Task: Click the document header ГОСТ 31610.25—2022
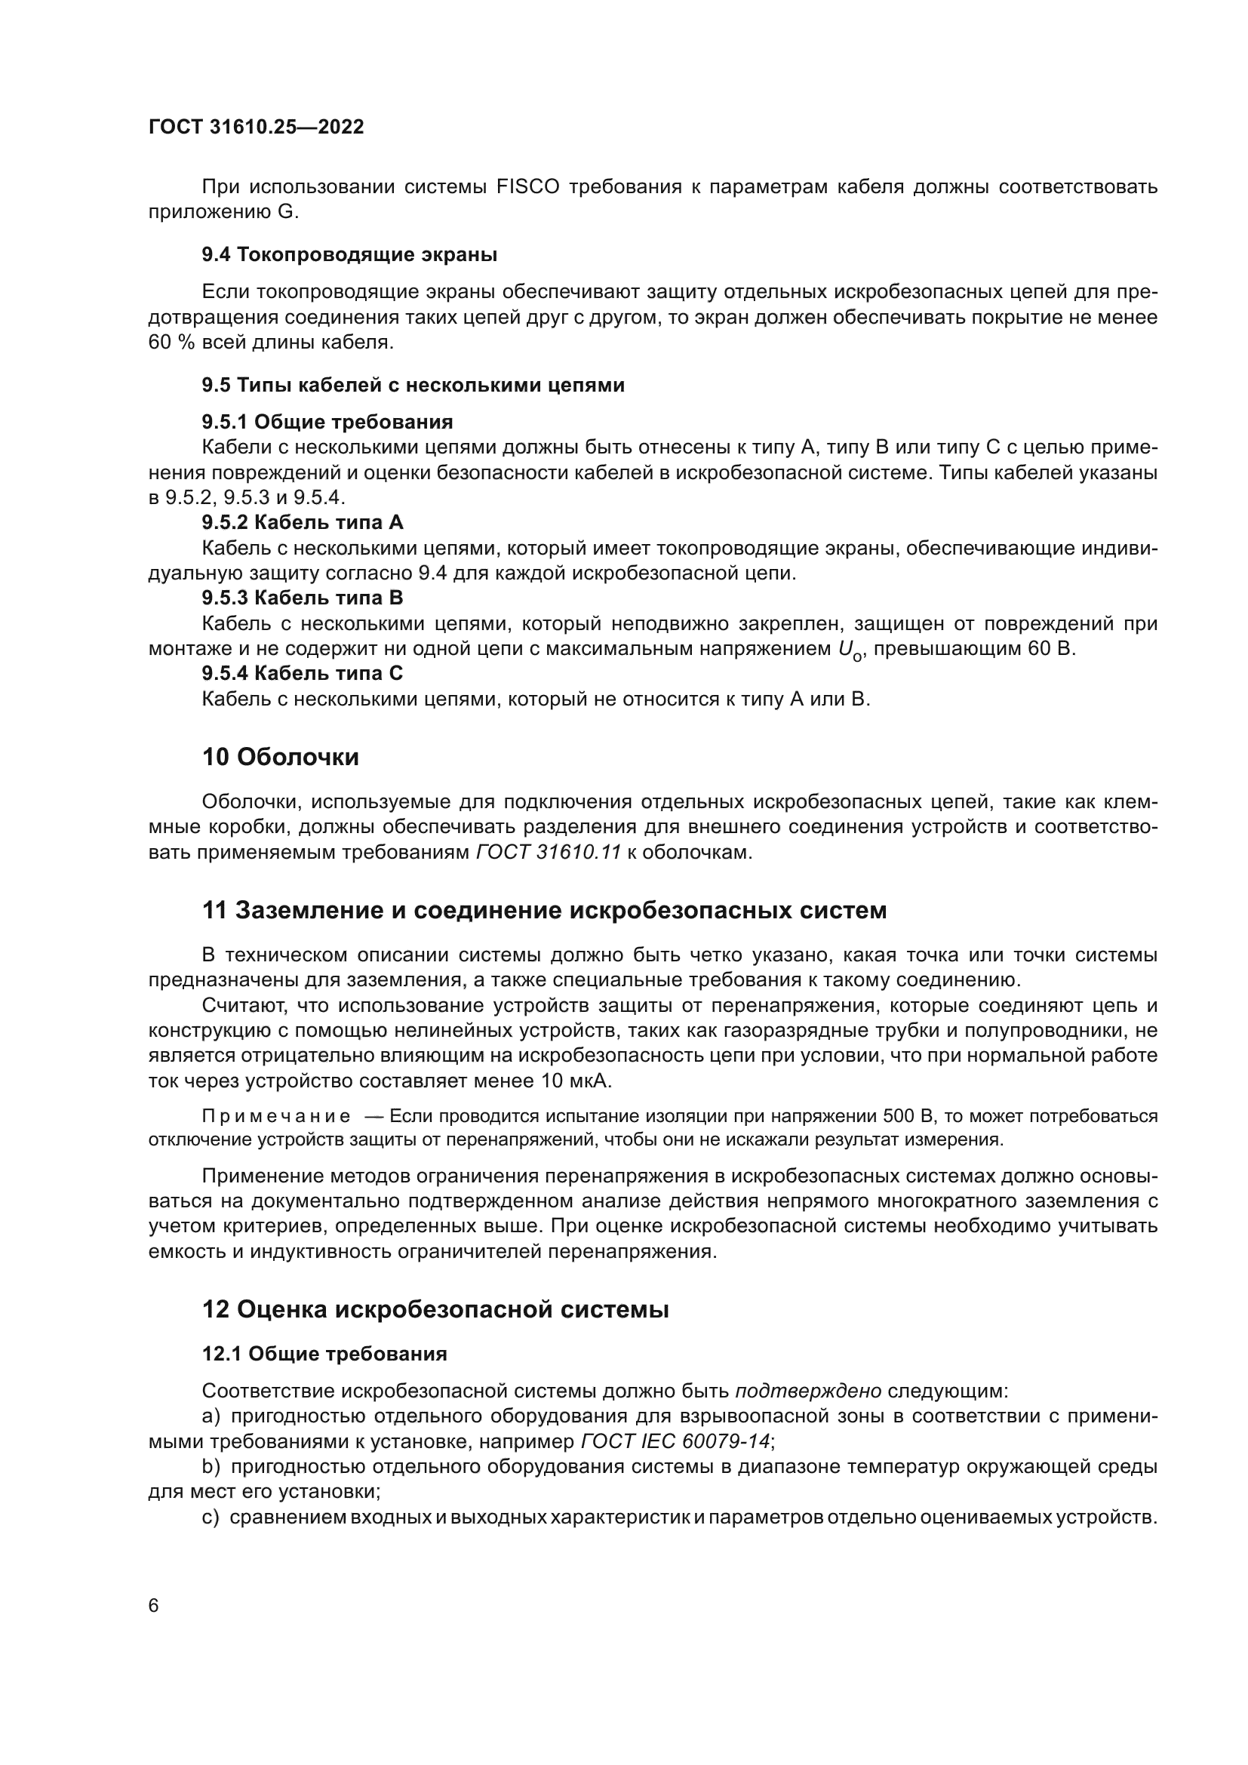(x=256, y=127)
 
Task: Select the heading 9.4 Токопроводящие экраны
(x=349, y=254)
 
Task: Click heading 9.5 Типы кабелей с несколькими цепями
(x=413, y=385)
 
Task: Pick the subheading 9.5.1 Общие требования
(x=327, y=422)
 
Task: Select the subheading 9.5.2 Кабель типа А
(x=303, y=523)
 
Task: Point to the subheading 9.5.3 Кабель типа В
(x=303, y=598)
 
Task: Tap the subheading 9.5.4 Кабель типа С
(x=303, y=673)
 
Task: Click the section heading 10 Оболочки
(x=281, y=757)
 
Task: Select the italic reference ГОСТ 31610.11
(x=549, y=853)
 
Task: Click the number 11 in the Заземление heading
(x=214, y=910)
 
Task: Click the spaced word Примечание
(x=277, y=1116)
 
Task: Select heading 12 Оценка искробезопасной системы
(x=435, y=1309)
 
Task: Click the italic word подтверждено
(x=807, y=1391)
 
